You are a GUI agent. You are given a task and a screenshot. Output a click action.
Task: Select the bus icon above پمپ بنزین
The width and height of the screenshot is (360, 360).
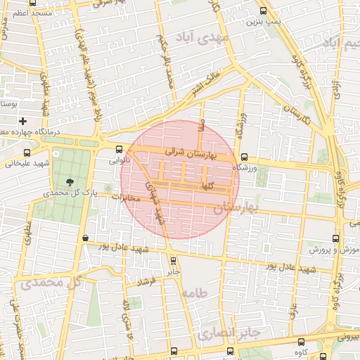tap(263, 11)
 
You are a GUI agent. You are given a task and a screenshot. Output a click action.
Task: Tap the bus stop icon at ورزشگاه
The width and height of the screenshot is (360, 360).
tap(244, 157)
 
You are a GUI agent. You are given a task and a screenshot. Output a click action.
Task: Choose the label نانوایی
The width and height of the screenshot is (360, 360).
tap(117, 160)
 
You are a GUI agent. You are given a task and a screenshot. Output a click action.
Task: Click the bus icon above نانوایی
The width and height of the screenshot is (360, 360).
tap(119, 149)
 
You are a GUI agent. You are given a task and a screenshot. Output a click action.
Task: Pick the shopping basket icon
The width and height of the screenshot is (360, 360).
tap(85, 238)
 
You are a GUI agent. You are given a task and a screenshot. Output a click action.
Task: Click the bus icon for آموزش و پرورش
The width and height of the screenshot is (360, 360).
tap(335, 238)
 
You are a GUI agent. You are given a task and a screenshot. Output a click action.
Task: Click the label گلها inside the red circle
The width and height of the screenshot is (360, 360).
tap(207, 186)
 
